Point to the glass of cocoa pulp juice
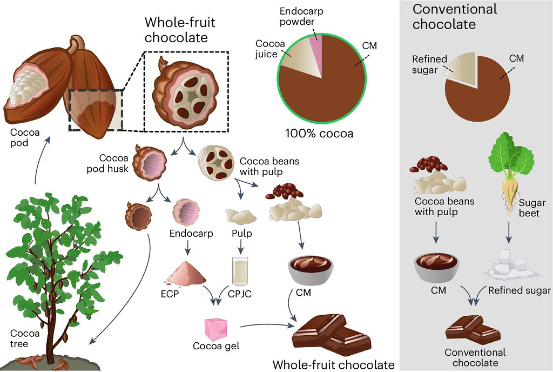pos(240,271)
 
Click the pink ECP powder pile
pos(185,273)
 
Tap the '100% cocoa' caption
pos(319,134)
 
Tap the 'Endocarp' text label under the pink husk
pos(191,233)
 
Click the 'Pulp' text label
pos(241,233)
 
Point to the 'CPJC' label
pos(240,294)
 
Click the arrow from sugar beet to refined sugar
pos(509,232)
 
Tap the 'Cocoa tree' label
pos(25,338)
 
